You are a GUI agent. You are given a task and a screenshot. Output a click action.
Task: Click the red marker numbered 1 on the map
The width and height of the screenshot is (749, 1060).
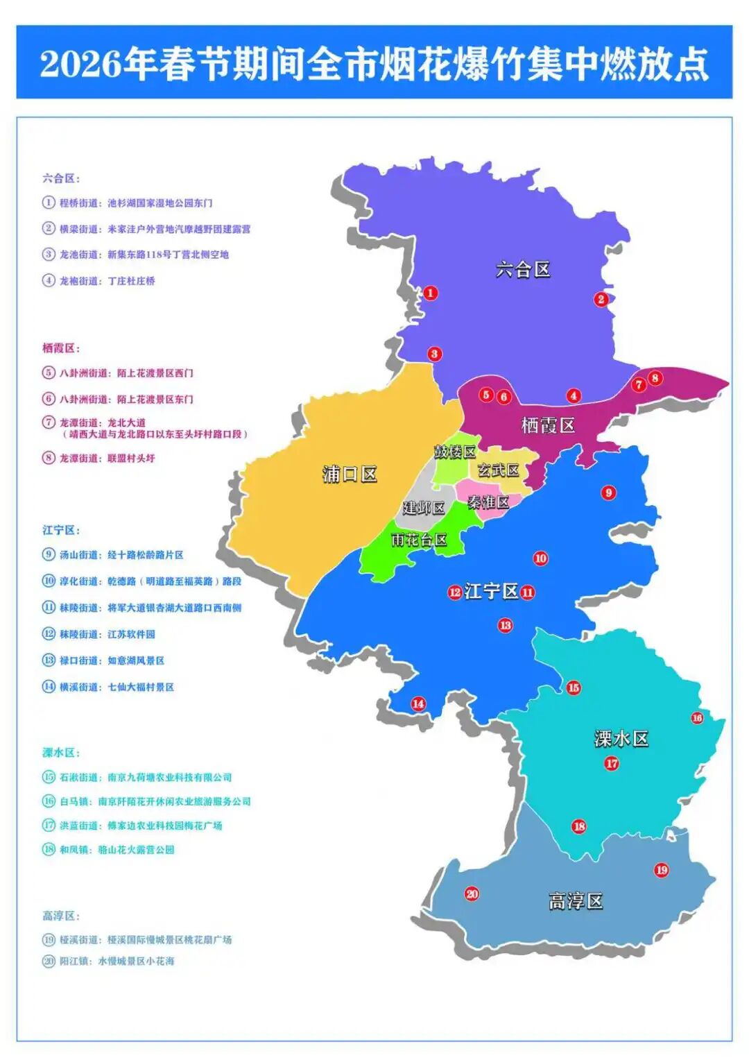point(431,293)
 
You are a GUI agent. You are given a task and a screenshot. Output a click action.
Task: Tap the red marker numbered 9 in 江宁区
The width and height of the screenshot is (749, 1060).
point(608,493)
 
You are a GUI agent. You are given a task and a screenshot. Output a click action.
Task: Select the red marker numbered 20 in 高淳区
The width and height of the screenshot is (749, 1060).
point(472,894)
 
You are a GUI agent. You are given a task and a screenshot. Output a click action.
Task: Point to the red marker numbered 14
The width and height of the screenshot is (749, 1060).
point(418,703)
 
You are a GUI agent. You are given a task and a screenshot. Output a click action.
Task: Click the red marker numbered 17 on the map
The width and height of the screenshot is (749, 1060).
point(612,763)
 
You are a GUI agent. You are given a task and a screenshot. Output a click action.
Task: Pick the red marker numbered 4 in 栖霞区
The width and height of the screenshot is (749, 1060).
point(574,396)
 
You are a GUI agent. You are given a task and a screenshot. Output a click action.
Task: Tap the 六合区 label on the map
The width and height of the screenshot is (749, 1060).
point(523,269)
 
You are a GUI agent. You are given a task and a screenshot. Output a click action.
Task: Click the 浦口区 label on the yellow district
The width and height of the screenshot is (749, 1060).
point(350,475)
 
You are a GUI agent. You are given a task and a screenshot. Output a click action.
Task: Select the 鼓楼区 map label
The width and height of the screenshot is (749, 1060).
point(455,452)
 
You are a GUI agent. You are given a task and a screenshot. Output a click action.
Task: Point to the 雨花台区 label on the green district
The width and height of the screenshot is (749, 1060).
point(419,540)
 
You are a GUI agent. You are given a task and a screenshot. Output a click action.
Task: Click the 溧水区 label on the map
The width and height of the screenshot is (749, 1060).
point(621,739)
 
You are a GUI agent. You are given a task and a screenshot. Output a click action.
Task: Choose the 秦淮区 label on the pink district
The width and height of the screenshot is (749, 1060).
point(488,502)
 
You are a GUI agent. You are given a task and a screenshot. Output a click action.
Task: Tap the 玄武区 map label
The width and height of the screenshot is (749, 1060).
point(498,470)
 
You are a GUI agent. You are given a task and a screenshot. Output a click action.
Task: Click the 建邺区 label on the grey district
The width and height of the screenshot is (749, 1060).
point(424,508)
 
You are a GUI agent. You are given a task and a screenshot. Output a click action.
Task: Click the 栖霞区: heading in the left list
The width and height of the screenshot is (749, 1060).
point(61,348)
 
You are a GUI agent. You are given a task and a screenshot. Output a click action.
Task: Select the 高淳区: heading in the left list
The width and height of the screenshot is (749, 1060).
point(61,916)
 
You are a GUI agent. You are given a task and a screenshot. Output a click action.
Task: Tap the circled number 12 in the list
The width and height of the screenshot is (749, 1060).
point(49,634)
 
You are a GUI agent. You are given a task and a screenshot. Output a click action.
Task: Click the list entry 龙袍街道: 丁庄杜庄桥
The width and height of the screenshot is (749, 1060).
point(107,281)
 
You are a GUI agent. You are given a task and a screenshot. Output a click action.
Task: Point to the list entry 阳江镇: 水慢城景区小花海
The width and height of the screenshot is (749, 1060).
point(116,961)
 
